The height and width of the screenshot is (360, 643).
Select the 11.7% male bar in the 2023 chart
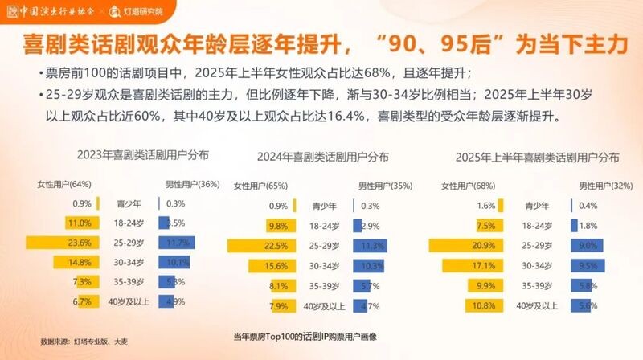[178, 243]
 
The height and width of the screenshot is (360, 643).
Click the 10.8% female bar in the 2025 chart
[483, 306]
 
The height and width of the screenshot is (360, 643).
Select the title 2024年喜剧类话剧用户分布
[322, 157]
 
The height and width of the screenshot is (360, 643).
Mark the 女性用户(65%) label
[260, 186]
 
